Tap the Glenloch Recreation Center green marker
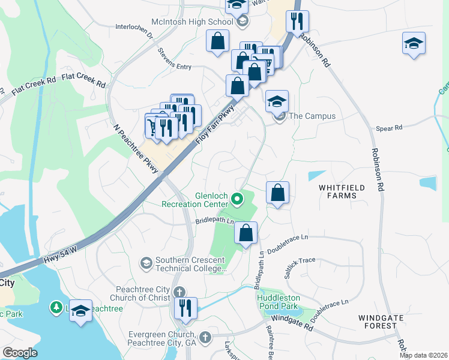(x=238, y=197)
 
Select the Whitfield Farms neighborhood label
(x=342, y=191)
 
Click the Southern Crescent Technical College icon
(x=146, y=263)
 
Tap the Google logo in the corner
(x=20, y=353)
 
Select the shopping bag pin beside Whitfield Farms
(x=277, y=193)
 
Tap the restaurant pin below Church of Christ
(x=185, y=308)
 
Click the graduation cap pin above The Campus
(x=277, y=101)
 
